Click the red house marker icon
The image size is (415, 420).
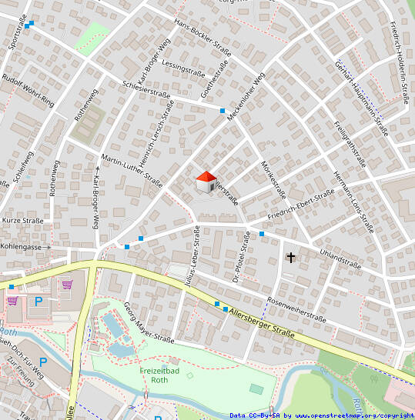point(206,182)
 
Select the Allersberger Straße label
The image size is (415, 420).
point(263,322)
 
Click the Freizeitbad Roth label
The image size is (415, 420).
point(159,375)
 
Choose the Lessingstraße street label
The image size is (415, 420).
point(184,68)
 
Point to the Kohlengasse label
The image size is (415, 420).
point(21,247)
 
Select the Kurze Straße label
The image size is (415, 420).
point(22,220)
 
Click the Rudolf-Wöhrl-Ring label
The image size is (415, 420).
point(28,90)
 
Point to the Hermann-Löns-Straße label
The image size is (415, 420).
point(353,198)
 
